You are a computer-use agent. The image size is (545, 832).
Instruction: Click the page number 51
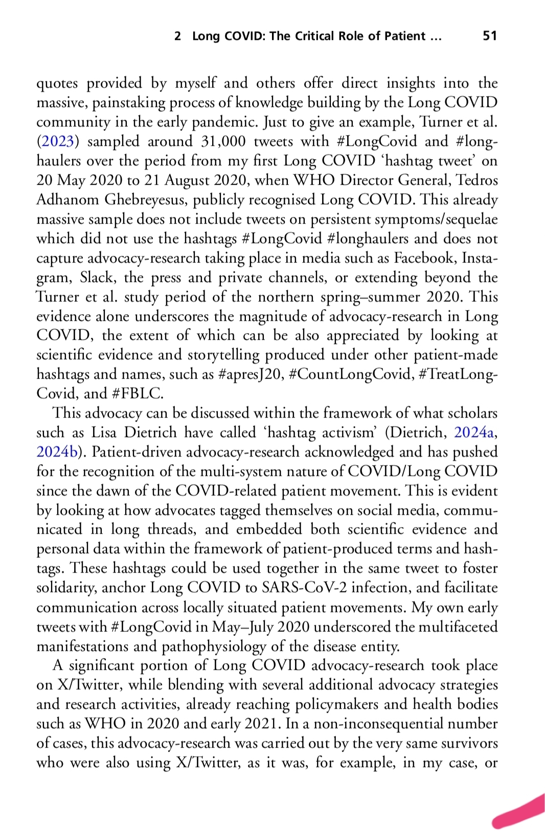[x=489, y=36]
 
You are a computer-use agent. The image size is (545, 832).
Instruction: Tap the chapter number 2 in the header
[x=177, y=36]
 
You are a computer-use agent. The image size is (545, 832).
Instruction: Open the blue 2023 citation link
[x=56, y=141]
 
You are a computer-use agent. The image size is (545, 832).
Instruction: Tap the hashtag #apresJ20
[x=250, y=375]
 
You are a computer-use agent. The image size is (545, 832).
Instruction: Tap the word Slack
[x=97, y=277]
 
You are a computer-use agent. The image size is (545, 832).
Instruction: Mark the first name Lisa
[x=105, y=432]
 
